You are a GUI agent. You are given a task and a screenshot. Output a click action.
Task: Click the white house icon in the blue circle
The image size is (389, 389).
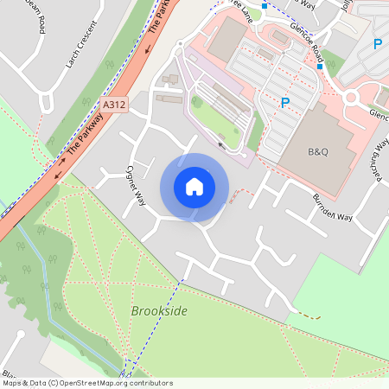194,187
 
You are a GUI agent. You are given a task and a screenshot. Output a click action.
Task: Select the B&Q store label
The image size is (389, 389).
319,151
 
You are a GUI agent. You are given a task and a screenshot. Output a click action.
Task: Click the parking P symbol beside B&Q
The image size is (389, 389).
285,103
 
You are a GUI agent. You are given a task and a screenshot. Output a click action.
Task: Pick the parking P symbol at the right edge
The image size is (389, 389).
377,43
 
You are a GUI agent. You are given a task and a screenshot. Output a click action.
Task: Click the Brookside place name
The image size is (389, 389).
159,310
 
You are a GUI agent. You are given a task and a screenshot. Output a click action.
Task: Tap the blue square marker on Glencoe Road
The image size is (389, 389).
319,66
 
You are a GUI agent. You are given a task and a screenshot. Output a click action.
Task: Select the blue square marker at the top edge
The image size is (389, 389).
265,5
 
